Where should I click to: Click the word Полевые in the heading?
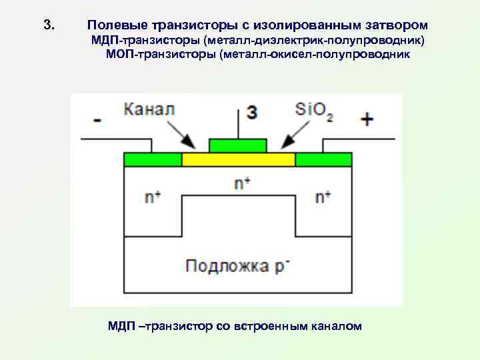[x=111, y=25]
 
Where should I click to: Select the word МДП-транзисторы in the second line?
[x=146, y=41]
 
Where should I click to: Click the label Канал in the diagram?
[x=149, y=109]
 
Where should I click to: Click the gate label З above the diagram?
[x=251, y=112]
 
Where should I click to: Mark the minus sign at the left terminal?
[x=97, y=121]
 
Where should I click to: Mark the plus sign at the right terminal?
[x=367, y=119]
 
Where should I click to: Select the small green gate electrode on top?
[x=238, y=145]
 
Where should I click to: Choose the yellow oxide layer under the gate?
[x=238, y=159]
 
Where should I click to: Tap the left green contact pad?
[x=153, y=159]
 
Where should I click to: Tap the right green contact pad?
[x=323, y=159]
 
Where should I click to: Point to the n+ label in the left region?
[x=153, y=197]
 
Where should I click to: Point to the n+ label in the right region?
[x=323, y=197]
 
